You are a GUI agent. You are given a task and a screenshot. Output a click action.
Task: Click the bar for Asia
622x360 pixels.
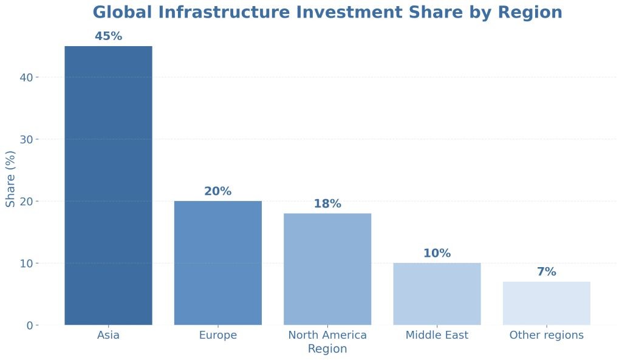click(108, 185)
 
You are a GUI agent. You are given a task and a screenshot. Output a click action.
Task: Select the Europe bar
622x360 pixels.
click(217, 263)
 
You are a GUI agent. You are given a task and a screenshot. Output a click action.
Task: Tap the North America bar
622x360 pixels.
click(327, 269)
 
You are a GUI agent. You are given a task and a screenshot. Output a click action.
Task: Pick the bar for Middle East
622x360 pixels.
click(437, 294)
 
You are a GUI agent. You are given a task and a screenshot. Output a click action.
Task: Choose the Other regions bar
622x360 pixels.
click(546, 303)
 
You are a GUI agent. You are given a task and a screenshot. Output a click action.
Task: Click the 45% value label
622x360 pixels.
click(108, 36)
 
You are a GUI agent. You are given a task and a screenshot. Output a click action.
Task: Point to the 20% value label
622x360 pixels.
click(217, 191)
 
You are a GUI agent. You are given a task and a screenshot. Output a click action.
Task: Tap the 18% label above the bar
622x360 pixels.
click(327, 204)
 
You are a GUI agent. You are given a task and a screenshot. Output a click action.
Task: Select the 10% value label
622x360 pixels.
click(437, 253)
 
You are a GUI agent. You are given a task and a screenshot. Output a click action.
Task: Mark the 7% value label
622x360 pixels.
click(546, 272)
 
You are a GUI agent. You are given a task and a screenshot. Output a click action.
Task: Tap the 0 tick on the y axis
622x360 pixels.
click(29, 325)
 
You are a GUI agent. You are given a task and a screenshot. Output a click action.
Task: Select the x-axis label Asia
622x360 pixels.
click(108, 335)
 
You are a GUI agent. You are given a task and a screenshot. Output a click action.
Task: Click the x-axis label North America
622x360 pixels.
click(327, 335)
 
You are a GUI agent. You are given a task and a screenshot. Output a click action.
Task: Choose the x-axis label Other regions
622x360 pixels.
click(546, 335)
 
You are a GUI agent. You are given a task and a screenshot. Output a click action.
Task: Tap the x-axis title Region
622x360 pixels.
click(327, 349)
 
